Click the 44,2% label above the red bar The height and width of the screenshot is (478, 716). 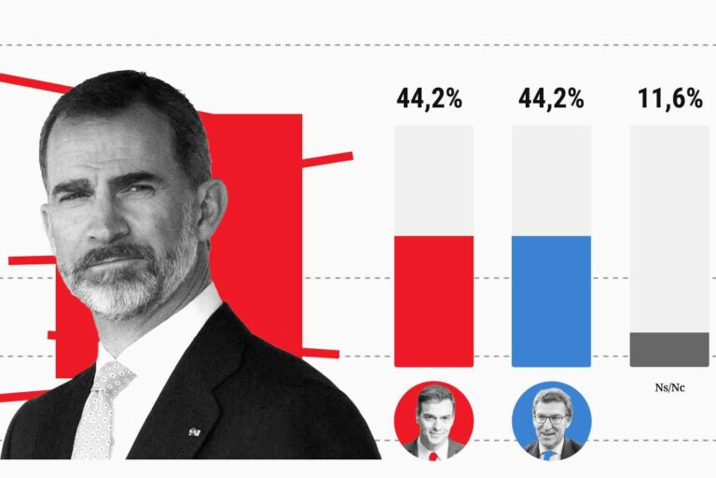pyautogui.click(x=430, y=99)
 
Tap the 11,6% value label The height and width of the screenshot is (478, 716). pyautogui.click(x=669, y=99)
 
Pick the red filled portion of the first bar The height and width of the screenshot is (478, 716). pyautogui.click(x=434, y=301)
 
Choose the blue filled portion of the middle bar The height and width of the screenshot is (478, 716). pyautogui.click(x=551, y=301)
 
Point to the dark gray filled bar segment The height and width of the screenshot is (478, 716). pyautogui.click(x=669, y=349)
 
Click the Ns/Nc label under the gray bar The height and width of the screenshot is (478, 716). pyautogui.click(x=669, y=387)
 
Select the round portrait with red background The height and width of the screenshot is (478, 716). pyautogui.click(x=434, y=419)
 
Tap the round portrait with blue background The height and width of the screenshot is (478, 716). pyautogui.click(x=552, y=419)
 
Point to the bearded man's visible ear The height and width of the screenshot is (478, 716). pyautogui.click(x=211, y=205)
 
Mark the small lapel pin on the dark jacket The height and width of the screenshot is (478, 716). pyautogui.click(x=195, y=431)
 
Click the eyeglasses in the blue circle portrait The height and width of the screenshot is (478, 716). pyautogui.click(x=551, y=416)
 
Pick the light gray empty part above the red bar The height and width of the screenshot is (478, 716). pyautogui.click(x=434, y=180)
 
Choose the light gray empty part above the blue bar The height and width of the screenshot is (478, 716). pyautogui.click(x=551, y=180)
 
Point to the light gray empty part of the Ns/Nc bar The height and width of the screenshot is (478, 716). pyautogui.click(x=669, y=229)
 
